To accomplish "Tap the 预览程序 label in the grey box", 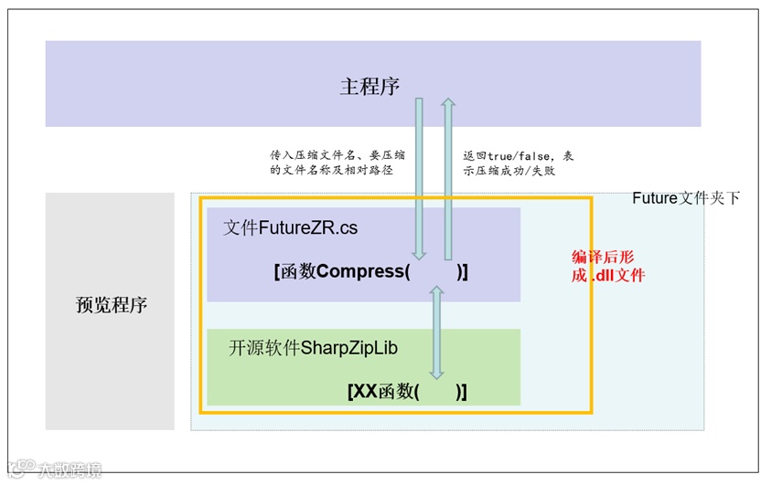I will click(111, 305).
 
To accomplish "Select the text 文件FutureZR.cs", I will click(290, 228).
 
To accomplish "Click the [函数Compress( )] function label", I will click(370, 271).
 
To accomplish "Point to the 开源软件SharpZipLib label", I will click(313, 348).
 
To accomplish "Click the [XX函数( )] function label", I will click(407, 392).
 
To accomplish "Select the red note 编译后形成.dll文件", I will click(608, 266).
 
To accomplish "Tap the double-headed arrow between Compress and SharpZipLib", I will click(436, 332).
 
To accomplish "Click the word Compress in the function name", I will click(361, 271).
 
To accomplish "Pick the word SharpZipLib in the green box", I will click(349, 348).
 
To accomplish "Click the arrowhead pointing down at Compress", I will click(420, 255).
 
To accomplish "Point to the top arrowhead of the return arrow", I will click(448, 103).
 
